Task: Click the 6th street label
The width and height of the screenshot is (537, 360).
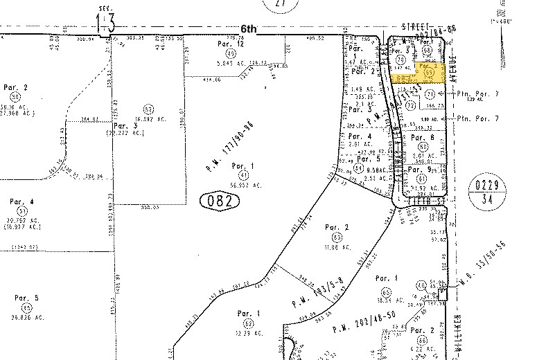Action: click(249, 29)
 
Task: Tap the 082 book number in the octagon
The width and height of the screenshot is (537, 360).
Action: click(220, 201)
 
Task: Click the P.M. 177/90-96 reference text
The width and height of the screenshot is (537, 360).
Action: click(226, 147)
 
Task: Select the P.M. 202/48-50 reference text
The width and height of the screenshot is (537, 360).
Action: click(363, 323)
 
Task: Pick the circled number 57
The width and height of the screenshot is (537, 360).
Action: click(148, 109)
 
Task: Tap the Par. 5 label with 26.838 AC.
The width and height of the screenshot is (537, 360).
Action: click(26, 298)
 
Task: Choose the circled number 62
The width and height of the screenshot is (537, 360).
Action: click(247, 323)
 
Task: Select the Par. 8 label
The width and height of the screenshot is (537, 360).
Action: click(421, 137)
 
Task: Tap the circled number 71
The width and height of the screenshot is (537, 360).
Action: click(430, 93)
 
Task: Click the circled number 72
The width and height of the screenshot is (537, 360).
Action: click(410, 105)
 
